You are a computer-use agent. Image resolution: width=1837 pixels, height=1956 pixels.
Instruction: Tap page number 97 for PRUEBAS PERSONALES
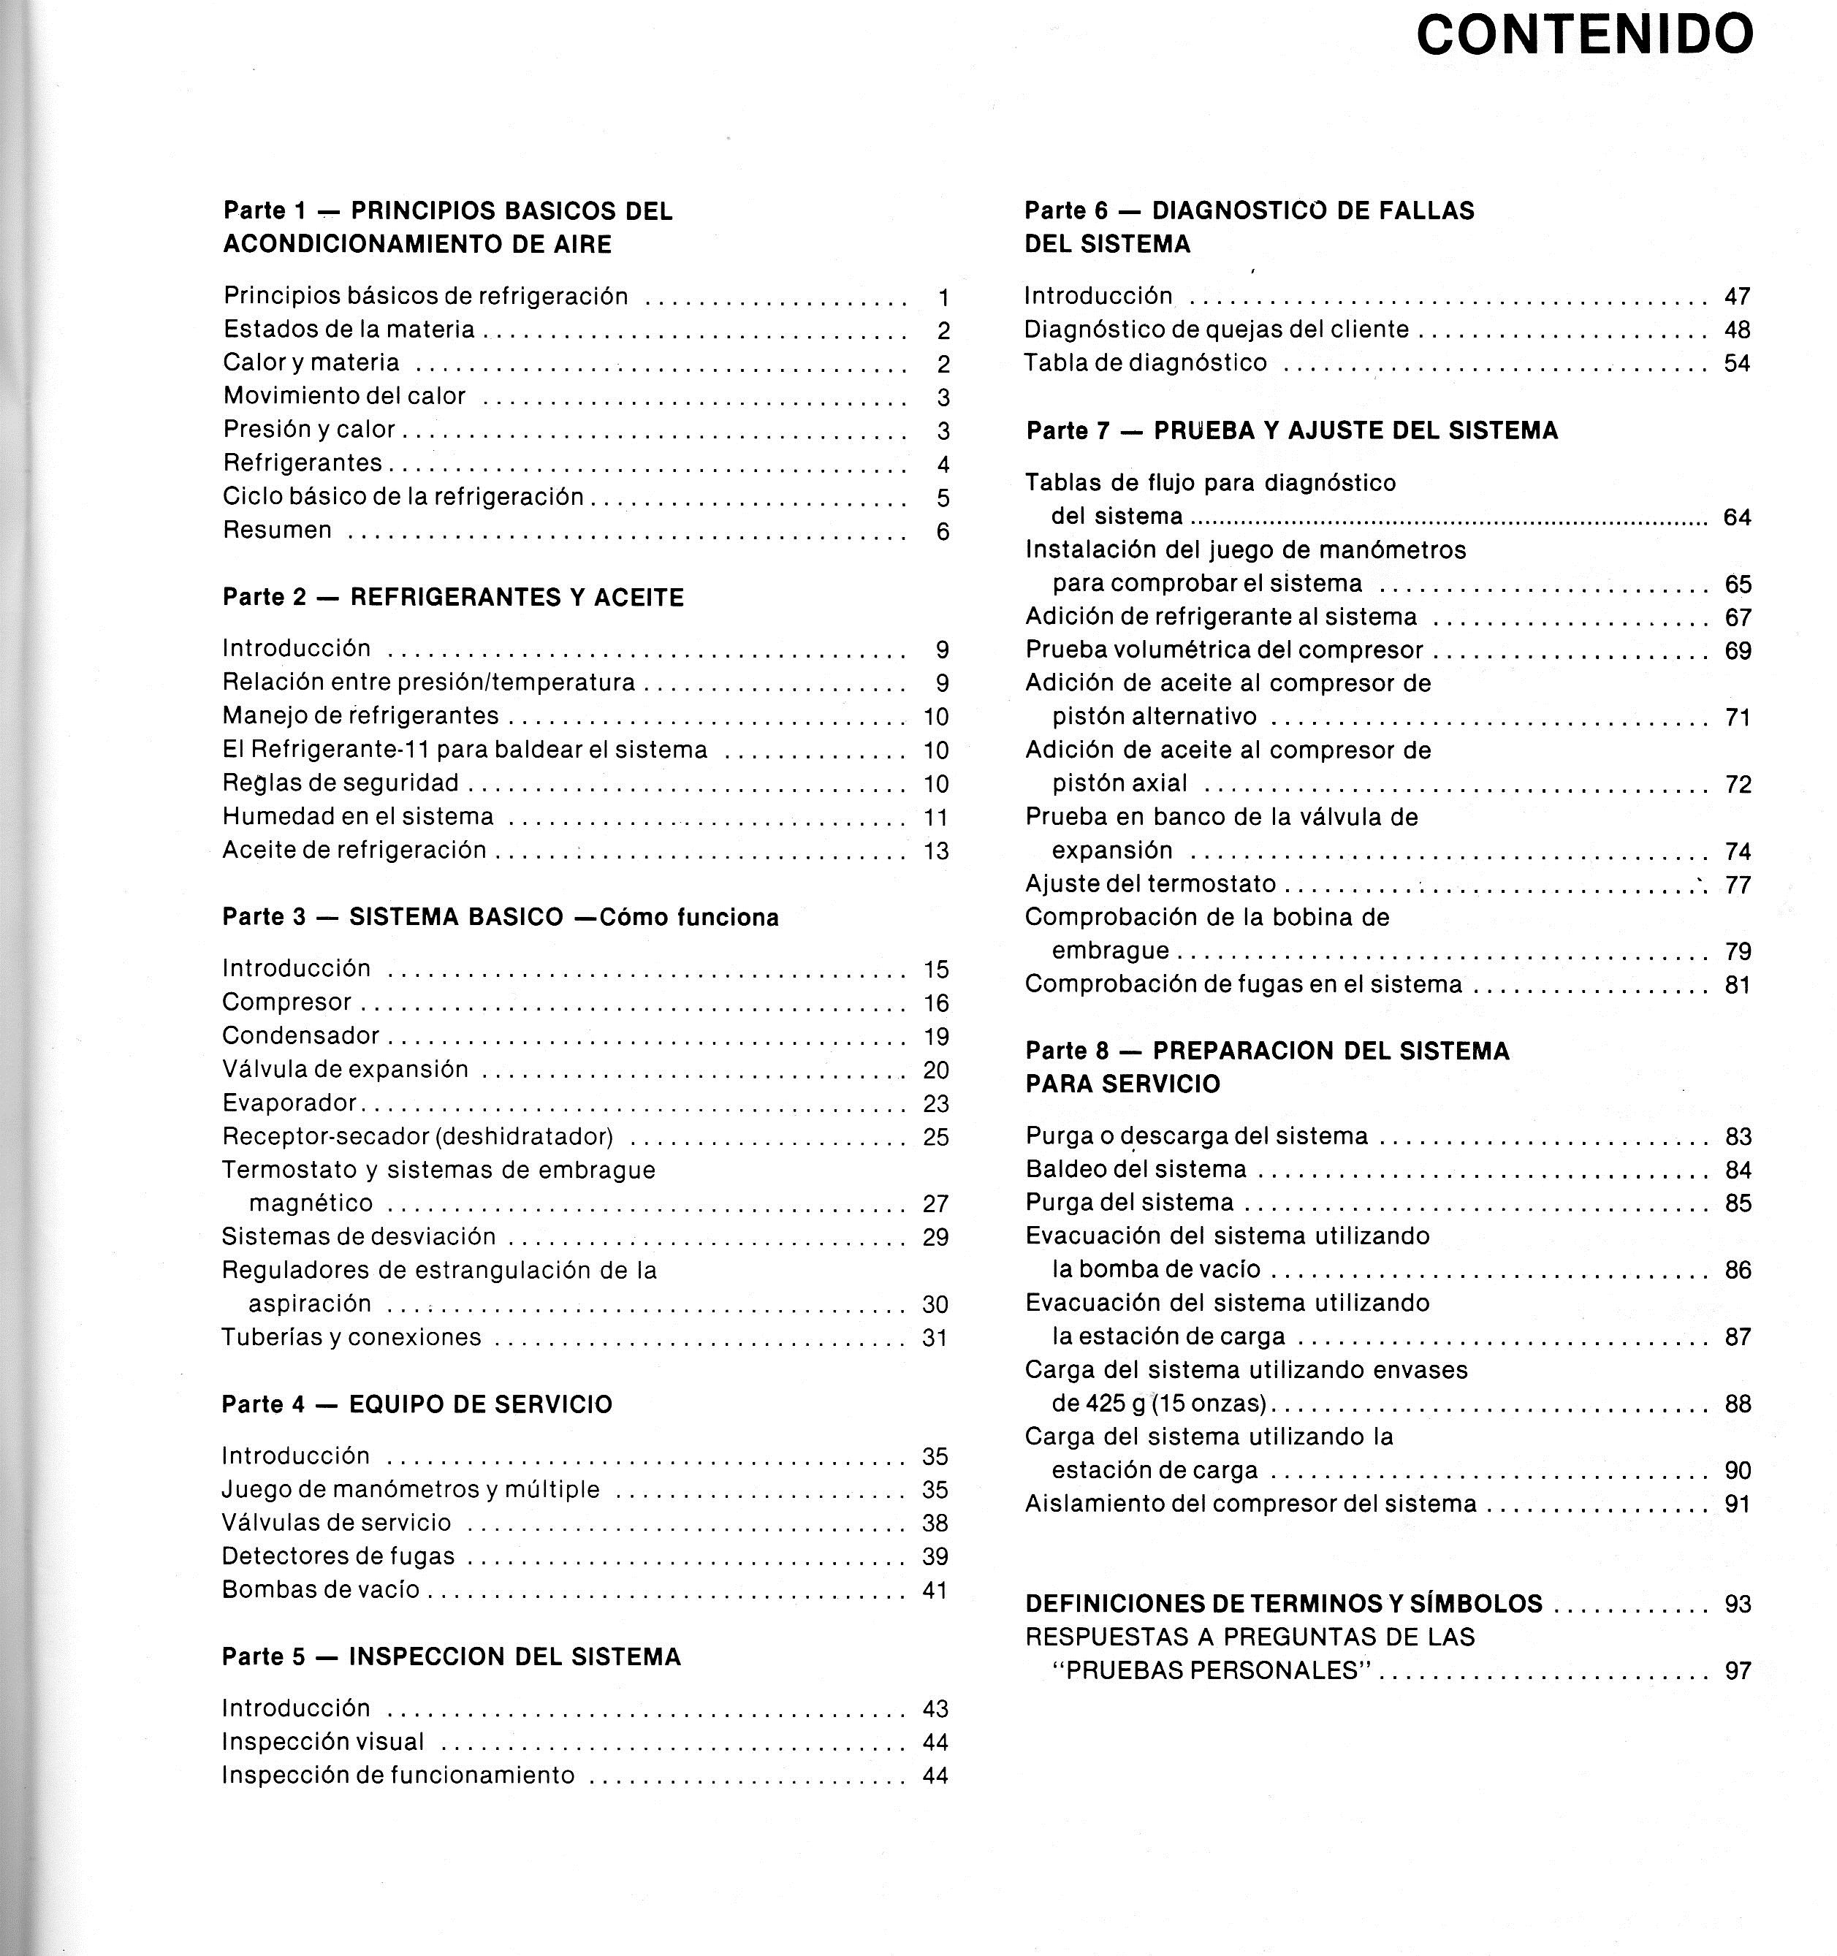(1738, 1670)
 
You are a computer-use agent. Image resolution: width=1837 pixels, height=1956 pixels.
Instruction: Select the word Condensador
(300, 1035)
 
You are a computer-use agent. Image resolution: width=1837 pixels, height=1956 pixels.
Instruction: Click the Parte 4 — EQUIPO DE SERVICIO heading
(417, 1404)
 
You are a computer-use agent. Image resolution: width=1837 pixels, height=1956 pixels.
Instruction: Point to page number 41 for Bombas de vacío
(935, 1590)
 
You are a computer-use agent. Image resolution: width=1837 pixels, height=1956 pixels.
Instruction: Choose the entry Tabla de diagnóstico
(1145, 363)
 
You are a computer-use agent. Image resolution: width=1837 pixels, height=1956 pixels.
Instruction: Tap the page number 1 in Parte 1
(943, 297)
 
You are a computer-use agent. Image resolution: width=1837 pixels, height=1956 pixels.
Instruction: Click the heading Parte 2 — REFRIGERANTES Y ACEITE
(452, 597)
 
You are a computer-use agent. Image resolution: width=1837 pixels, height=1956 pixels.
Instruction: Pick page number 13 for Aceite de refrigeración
(936, 850)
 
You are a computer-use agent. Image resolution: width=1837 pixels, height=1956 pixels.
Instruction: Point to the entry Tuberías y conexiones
(351, 1336)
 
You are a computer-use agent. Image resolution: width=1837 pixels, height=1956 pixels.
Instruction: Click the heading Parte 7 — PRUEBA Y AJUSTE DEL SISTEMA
(1291, 430)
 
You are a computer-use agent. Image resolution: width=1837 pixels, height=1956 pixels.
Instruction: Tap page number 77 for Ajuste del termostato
(1738, 885)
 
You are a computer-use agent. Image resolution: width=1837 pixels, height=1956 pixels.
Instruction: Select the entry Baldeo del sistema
(1136, 1169)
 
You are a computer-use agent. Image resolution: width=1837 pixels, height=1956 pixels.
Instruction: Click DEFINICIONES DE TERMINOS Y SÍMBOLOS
(1283, 1604)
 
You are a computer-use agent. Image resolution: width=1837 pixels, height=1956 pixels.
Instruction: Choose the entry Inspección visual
(323, 1741)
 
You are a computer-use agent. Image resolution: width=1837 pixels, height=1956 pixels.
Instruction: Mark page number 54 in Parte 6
(1737, 363)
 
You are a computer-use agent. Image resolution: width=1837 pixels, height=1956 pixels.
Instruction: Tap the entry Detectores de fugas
(338, 1556)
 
